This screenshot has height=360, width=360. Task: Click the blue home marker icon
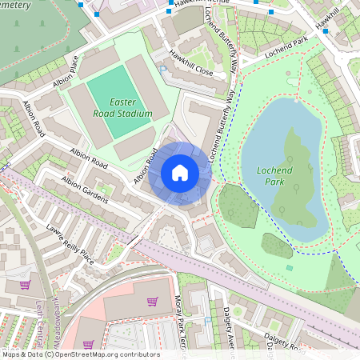180,173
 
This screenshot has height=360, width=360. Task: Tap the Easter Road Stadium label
119,108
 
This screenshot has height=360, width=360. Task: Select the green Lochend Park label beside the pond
276,176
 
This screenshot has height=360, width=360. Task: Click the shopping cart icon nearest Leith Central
26,284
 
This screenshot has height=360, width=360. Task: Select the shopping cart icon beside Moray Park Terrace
152,302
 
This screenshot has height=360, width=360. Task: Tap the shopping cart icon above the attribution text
88,344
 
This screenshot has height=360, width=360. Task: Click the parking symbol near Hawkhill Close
164,70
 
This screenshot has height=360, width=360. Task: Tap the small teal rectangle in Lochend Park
289,267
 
